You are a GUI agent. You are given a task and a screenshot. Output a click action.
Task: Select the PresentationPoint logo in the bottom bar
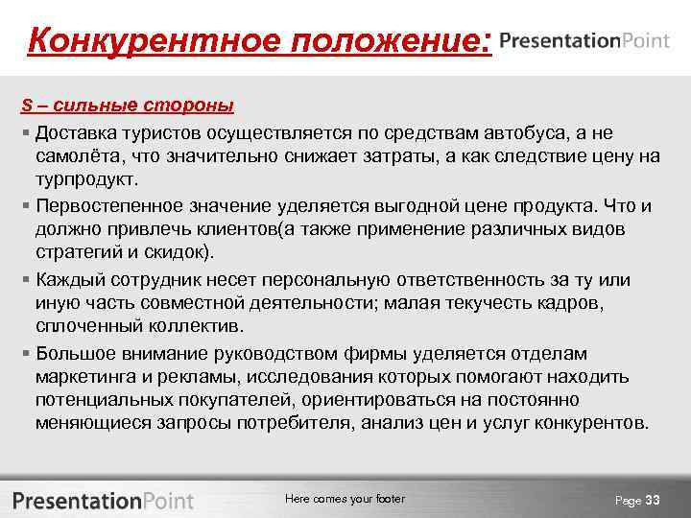click(103, 500)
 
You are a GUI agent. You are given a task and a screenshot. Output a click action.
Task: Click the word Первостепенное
click(107, 206)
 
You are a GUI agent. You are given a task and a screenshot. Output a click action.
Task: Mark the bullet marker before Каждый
click(26, 280)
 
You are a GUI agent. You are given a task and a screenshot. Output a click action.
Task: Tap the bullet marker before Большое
click(26, 354)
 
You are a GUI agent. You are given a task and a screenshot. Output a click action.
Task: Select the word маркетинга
click(83, 376)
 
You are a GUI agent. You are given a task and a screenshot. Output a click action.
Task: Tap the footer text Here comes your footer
click(345, 499)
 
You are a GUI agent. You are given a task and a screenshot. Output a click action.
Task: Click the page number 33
click(654, 500)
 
